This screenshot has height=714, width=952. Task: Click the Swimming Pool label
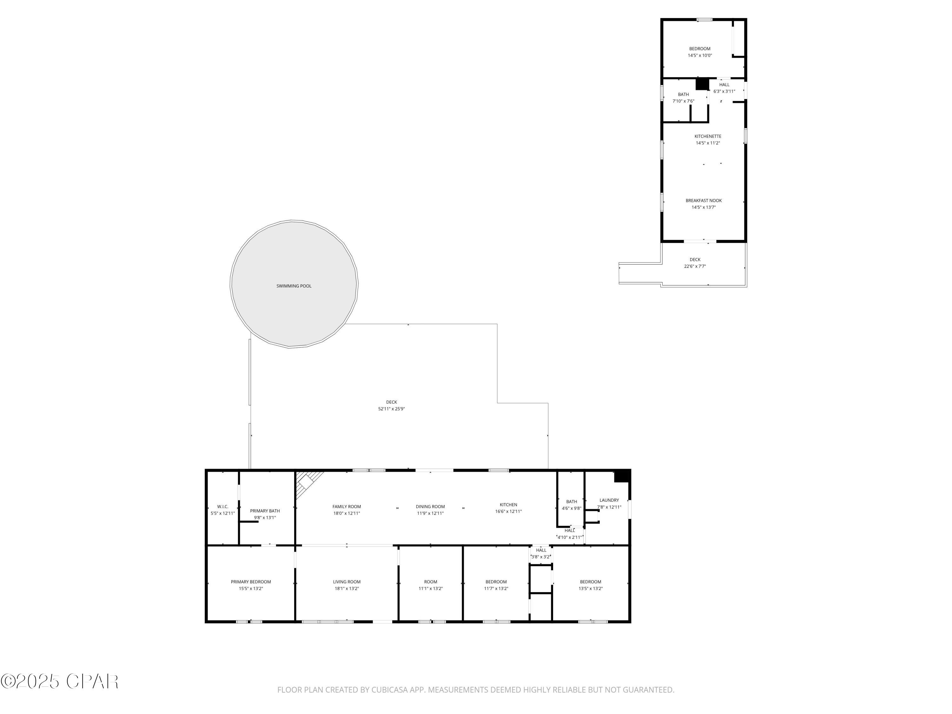(294, 286)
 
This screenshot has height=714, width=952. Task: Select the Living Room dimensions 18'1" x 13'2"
(347, 589)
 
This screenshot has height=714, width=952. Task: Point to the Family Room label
(347, 506)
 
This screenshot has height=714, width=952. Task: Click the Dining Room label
(430, 506)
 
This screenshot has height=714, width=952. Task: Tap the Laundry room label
(609, 500)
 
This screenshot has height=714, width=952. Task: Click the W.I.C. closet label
(222, 506)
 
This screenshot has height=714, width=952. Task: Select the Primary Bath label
(265, 511)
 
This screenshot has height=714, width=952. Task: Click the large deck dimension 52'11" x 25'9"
(391, 409)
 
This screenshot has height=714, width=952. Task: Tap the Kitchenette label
(708, 136)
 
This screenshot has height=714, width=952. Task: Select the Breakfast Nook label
(703, 201)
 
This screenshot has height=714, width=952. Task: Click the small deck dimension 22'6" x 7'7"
(695, 267)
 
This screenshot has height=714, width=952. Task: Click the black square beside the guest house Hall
(702, 84)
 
